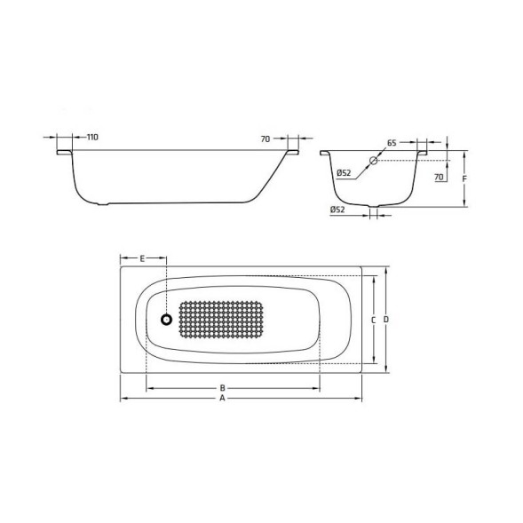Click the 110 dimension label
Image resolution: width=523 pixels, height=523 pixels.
click(92, 138)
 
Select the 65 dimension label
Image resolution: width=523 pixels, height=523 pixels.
click(392, 142)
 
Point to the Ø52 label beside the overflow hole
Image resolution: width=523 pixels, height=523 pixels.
click(345, 172)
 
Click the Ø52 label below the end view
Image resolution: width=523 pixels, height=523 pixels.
click(337, 210)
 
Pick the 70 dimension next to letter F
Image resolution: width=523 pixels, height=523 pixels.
click(439, 178)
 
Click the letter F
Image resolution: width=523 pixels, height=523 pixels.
click(465, 178)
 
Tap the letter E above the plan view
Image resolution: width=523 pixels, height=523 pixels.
click(142, 258)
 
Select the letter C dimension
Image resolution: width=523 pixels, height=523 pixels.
click(374, 319)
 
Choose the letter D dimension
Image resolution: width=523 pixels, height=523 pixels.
click(387, 319)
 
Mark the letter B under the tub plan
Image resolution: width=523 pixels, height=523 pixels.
click(223, 388)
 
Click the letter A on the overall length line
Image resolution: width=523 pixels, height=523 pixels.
click(223, 400)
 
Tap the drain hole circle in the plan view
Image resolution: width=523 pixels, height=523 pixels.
click(166, 320)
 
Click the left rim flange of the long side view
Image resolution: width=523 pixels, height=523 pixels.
click(64, 154)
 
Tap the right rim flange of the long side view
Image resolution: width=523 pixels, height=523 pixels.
click(292, 154)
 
